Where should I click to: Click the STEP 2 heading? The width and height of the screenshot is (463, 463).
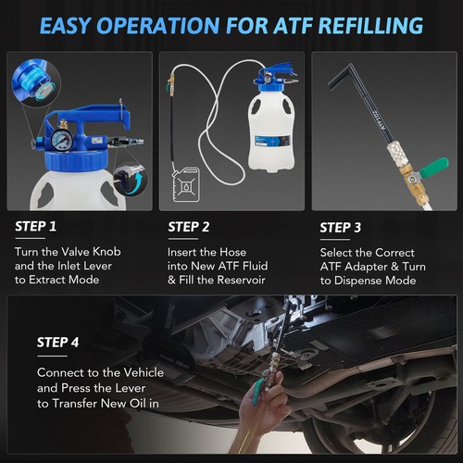[191, 226]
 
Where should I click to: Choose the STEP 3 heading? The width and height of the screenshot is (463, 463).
[343, 226]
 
